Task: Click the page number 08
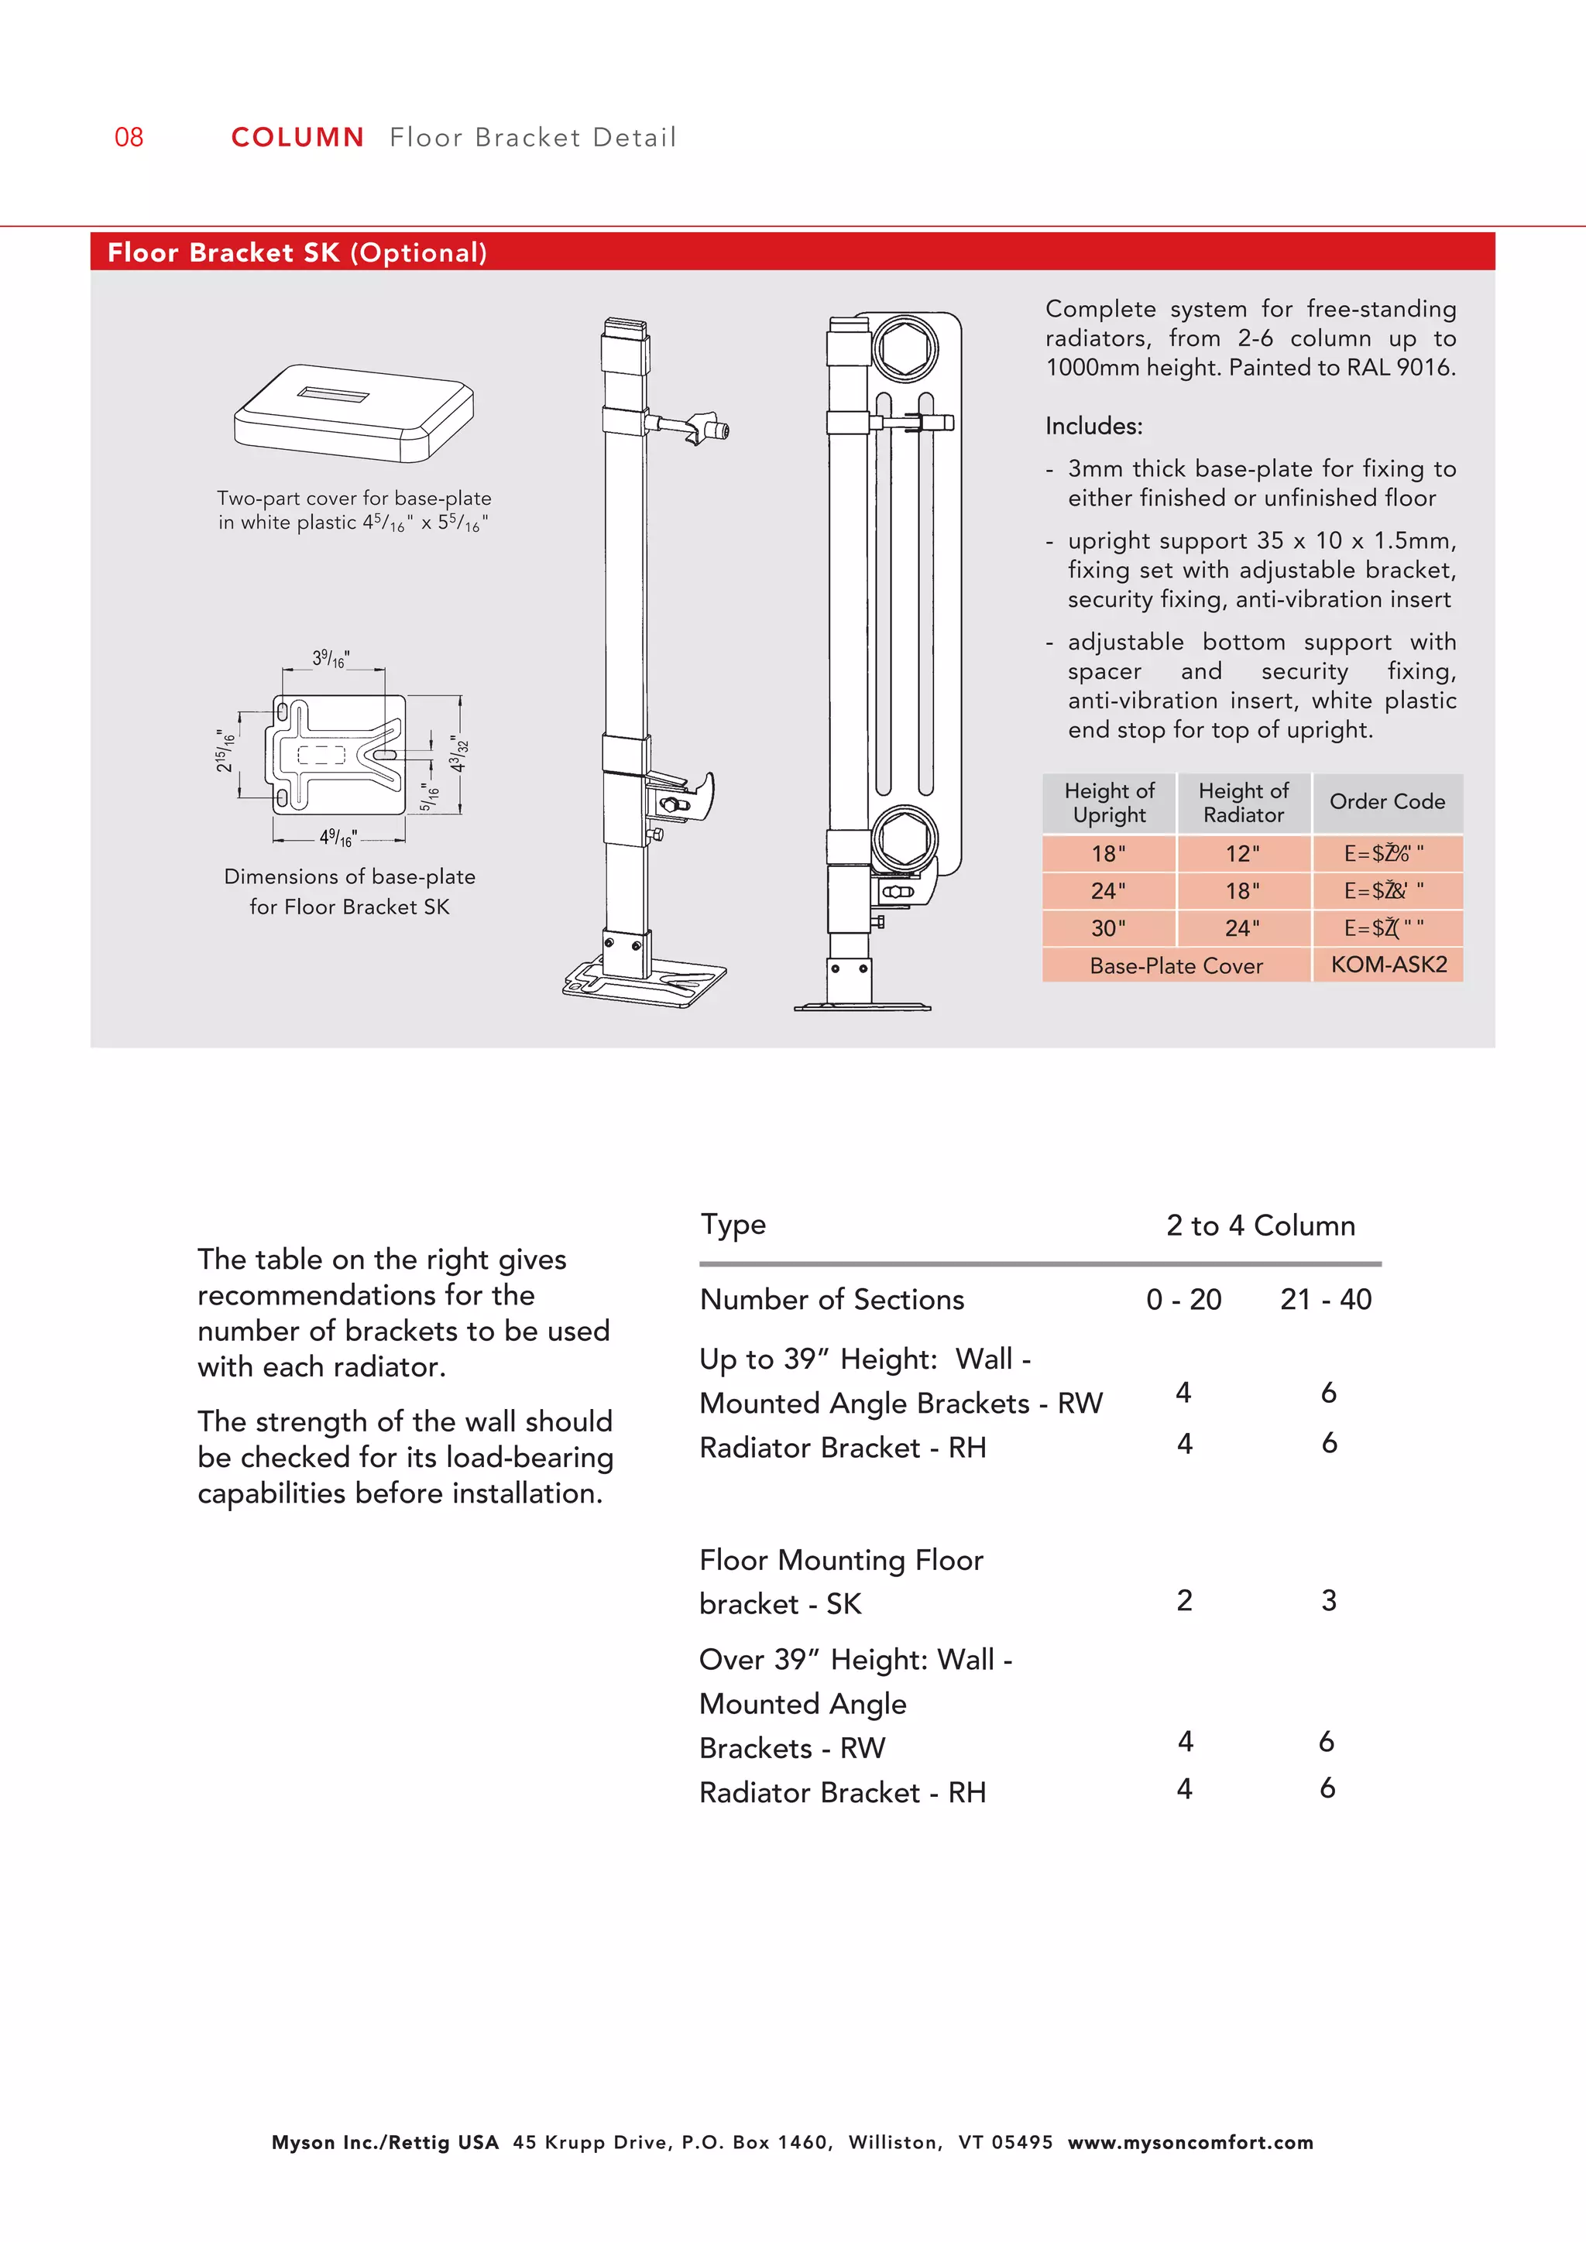pos(129,137)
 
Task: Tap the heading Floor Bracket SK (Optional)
pos(297,253)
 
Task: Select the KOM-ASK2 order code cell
pos(1388,964)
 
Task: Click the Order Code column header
pos(1387,802)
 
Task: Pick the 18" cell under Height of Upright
pos(1108,853)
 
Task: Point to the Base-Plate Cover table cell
pos(1176,965)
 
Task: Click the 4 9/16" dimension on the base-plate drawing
pos(338,837)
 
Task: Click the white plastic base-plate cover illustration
pos(354,412)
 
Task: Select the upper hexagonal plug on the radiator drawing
pos(905,348)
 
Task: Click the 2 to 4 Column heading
pos(1260,1226)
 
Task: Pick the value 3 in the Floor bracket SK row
pos(1328,1599)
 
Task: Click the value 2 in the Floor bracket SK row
pos(1183,1599)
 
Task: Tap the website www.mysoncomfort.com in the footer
pos(1189,2142)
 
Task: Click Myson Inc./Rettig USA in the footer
pos(385,2142)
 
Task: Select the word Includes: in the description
pos(1093,427)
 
